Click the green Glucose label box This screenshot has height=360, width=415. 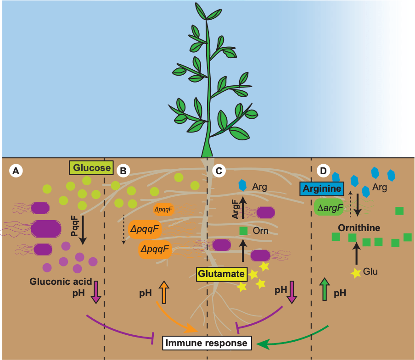91,167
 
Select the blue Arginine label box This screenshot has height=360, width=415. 322,189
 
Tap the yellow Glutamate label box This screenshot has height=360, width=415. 221,274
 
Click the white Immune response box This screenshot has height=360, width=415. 207,343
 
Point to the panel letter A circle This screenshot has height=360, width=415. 16,171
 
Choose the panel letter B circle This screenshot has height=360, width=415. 123,171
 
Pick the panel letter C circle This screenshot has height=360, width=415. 219,171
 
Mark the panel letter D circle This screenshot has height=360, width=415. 324,171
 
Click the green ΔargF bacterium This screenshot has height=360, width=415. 329,208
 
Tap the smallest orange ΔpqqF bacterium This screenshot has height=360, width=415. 163,210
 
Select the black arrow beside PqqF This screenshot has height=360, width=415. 83,230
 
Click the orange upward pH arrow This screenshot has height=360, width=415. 164,292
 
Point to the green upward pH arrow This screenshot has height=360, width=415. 325,289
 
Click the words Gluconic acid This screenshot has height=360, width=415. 61,282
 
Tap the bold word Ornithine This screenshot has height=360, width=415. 359,228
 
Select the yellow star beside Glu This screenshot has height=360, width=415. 356,273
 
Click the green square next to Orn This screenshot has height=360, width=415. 243,231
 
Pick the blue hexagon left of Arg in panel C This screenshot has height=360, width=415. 242,185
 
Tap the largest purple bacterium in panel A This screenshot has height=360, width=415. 46,229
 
